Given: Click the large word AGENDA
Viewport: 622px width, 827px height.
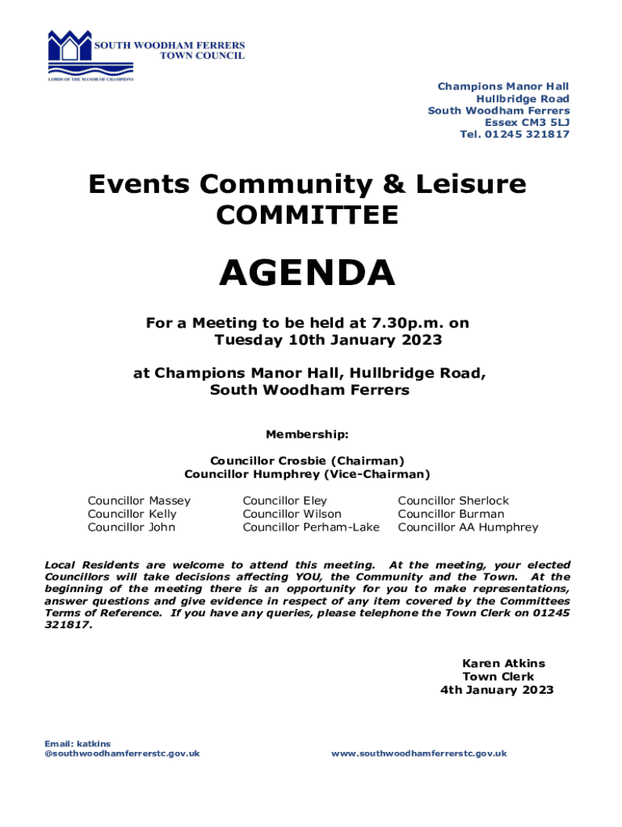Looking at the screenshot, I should click(307, 273).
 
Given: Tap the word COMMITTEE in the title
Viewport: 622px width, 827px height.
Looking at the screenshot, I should click(307, 216).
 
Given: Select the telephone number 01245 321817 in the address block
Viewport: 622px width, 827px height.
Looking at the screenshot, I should click(530, 134).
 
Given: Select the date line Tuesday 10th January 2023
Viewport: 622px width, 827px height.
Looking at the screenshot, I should click(328, 340).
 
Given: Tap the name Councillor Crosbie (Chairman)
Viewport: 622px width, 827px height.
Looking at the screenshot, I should click(307, 460).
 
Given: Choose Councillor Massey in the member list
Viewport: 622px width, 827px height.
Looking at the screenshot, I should click(139, 501).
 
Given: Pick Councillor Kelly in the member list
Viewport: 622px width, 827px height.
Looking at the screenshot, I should click(132, 514).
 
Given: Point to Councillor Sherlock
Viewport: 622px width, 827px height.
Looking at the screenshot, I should click(453, 501).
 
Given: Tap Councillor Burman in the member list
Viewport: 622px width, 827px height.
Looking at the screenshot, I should click(451, 514).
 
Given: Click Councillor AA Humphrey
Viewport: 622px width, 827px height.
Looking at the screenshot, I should click(468, 527).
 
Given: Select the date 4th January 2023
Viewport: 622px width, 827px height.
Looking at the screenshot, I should click(497, 690).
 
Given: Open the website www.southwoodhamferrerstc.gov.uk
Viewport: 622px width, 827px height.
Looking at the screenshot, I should click(418, 754).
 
